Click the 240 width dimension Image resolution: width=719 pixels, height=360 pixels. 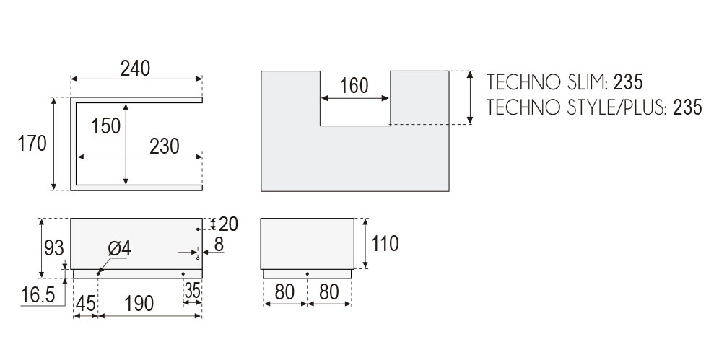pos(135,69)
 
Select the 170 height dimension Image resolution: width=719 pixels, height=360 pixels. pos(32,143)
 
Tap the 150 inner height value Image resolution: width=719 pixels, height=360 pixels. pos(106,126)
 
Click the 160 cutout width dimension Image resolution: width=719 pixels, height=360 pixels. pos(354,86)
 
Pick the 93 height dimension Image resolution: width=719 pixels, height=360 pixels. pos(53,248)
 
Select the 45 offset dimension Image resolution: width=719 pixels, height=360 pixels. pos(85,304)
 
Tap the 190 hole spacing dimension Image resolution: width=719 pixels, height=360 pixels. pos(139,304)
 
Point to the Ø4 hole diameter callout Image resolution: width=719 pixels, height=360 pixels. pos(119,248)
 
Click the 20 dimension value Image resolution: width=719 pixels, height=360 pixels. pos(227,224)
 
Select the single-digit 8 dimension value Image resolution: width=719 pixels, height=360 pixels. pos(218,245)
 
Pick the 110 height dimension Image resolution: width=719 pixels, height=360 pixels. pos(385,244)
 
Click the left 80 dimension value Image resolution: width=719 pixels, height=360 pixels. pos(284,291)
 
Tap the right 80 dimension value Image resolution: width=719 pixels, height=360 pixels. pos(329,291)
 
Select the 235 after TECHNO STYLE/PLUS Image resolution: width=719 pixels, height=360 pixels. pos(687,107)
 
